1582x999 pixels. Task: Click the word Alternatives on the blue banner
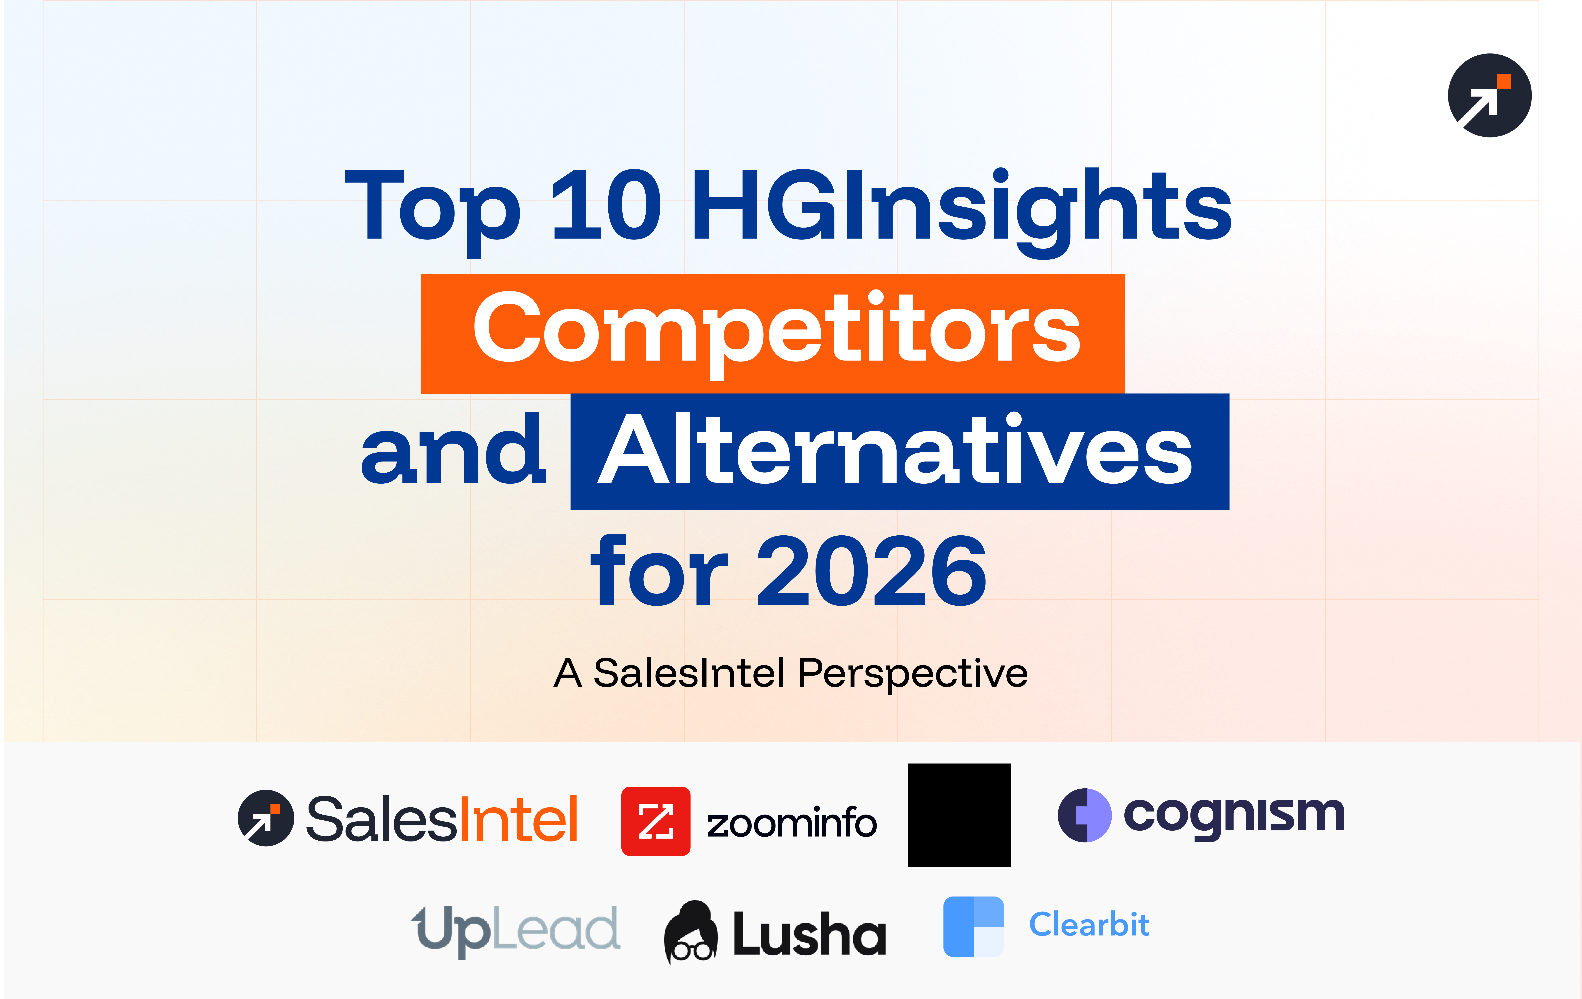(x=895, y=451)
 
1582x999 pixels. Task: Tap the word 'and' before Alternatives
(x=453, y=451)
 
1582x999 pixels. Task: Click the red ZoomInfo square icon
(x=656, y=821)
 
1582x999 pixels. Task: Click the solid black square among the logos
(x=959, y=815)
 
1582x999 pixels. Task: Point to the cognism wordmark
(x=1234, y=815)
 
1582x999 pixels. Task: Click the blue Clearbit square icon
(x=973, y=927)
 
